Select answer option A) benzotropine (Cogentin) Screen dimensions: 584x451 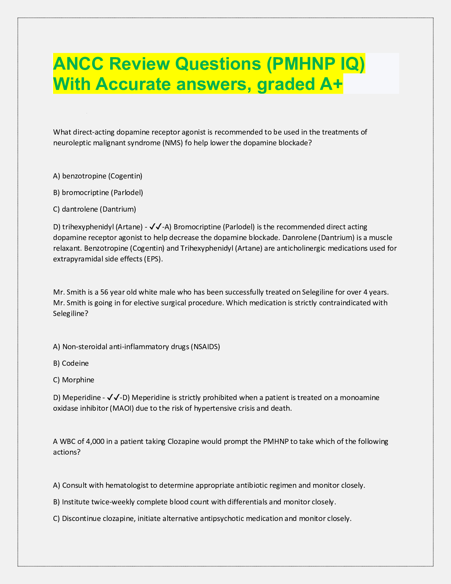pyautogui.click(x=98, y=176)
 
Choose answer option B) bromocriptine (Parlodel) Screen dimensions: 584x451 pyautogui.click(x=98, y=192)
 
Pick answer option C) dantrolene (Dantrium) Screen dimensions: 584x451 pyautogui.click(x=95, y=209)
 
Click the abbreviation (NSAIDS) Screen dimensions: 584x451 pyautogui.click(x=205, y=347)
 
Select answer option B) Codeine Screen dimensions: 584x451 pyautogui.click(x=71, y=363)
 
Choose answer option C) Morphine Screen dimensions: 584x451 pyautogui.click(x=74, y=380)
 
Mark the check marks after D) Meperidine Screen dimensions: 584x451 pyautogui.click(x=113, y=397)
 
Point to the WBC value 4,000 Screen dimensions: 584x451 pyautogui.click(x=95, y=441)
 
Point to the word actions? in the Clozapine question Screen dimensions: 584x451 pyautogui.click(x=67, y=452)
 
